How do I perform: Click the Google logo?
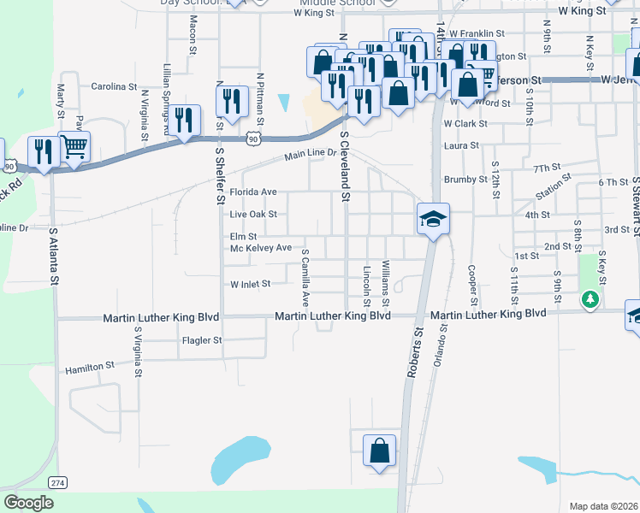coord(28,503)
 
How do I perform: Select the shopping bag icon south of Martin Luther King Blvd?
coord(379,451)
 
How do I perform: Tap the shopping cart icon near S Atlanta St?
coord(75,146)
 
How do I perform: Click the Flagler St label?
coord(202,340)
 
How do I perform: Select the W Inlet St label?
coord(250,284)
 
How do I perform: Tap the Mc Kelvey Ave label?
coord(261,249)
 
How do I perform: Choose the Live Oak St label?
coord(253,214)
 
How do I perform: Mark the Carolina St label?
coord(114,86)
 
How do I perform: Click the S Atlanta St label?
coord(54,256)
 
